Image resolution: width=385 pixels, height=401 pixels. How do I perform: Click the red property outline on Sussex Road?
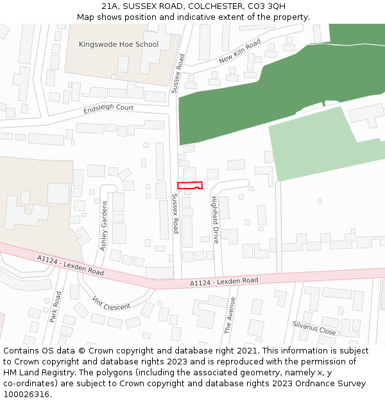coord(190,185)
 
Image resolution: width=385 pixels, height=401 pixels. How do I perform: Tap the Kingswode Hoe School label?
coord(119,44)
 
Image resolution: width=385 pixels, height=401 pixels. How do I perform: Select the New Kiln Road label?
coord(239,51)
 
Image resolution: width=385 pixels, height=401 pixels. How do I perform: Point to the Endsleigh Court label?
coord(108,108)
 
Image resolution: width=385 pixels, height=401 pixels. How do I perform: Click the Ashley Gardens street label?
coord(103,225)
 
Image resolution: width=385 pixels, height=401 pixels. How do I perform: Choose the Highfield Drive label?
coord(216,220)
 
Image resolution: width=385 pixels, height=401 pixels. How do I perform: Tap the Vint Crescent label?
coord(111,303)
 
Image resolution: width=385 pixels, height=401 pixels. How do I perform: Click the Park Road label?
coord(56,306)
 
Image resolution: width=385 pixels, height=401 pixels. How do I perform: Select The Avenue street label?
coord(230,314)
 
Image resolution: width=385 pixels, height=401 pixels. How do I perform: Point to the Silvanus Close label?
coord(314,328)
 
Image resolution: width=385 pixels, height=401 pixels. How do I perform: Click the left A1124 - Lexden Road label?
coord(70,265)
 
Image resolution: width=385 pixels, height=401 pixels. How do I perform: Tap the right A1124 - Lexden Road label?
coord(224,281)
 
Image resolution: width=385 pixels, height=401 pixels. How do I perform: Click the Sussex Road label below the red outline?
coord(175,213)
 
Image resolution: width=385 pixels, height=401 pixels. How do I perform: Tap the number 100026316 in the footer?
coord(27,394)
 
